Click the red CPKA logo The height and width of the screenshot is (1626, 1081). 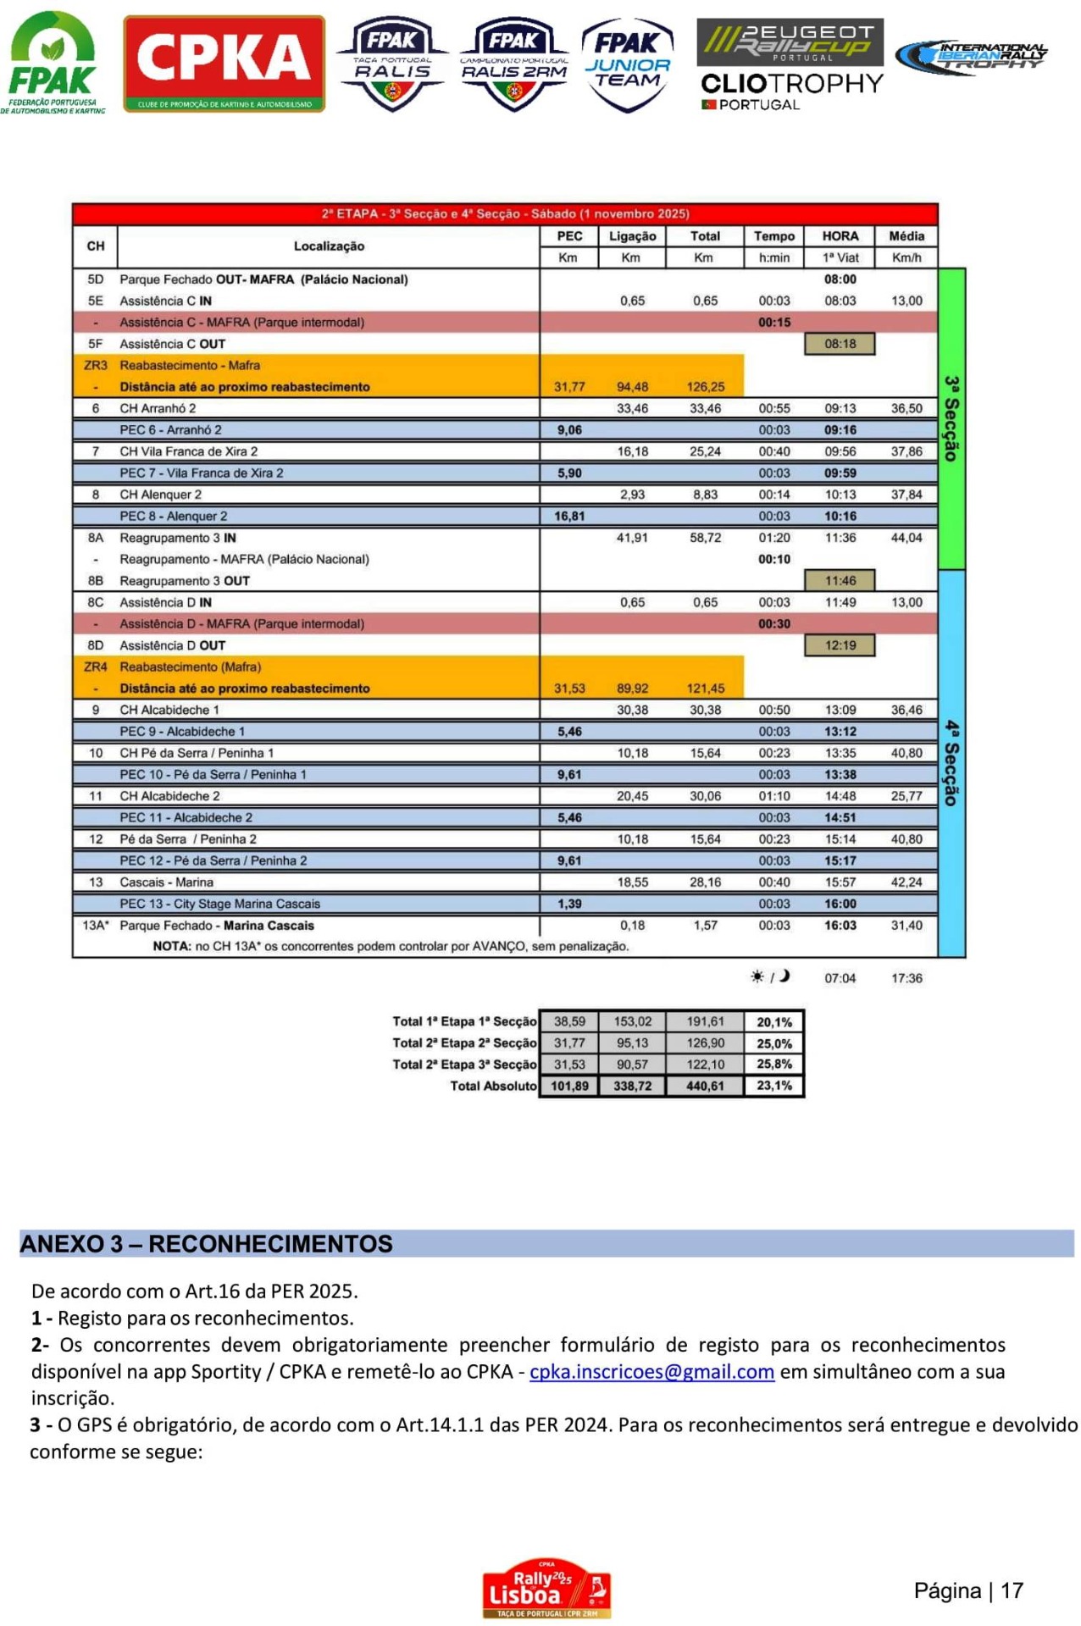[x=224, y=64]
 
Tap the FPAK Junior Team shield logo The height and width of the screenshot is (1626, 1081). [x=627, y=64]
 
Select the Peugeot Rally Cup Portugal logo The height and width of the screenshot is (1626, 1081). [x=789, y=41]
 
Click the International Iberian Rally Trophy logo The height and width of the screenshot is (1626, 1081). [x=971, y=58]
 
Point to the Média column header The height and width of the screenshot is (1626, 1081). [x=906, y=236]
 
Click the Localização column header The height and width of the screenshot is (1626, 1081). [x=329, y=246]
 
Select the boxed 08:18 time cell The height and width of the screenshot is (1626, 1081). [x=840, y=344]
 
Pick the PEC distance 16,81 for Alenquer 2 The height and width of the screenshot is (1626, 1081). [x=569, y=516]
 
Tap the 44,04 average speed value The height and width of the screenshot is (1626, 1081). [x=906, y=538]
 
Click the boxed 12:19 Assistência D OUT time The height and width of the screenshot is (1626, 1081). [x=840, y=645]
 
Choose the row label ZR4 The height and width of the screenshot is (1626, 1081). [x=95, y=666]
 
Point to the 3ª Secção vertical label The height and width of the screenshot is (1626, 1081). [x=951, y=418]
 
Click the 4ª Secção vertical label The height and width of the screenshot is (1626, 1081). [x=951, y=762]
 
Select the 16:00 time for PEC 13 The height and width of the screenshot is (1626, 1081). [x=840, y=904]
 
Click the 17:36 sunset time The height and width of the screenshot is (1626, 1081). [x=906, y=978]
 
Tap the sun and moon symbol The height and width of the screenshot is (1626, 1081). [x=769, y=977]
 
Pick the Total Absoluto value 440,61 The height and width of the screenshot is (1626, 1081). [x=705, y=1086]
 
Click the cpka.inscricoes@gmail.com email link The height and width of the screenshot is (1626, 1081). [x=651, y=1372]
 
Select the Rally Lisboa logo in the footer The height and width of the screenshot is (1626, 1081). [x=546, y=1588]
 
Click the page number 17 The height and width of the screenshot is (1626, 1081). [x=1011, y=1591]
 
